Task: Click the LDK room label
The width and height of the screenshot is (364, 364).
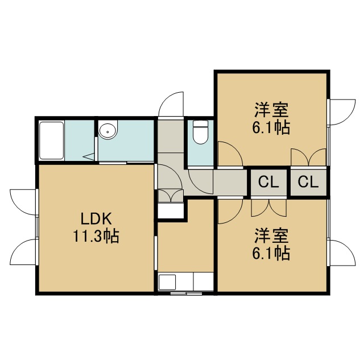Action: [x=96, y=218]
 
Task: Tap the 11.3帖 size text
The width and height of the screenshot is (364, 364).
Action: [x=96, y=236]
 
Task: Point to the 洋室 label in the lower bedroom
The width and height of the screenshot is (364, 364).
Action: [x=271, y=237]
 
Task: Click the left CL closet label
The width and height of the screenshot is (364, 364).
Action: [x=268, y=182]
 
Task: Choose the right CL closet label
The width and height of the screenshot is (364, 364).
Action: [x=308, y=182]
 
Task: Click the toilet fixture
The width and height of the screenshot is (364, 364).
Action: [x=201, y=132]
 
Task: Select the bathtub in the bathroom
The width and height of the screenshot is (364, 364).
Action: [x=52, y=140]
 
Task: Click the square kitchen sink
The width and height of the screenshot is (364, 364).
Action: [x=167, y=282]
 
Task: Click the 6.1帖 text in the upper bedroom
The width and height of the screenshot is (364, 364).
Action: [x=271, y=127]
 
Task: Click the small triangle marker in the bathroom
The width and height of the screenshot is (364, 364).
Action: [x=89, y=156]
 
